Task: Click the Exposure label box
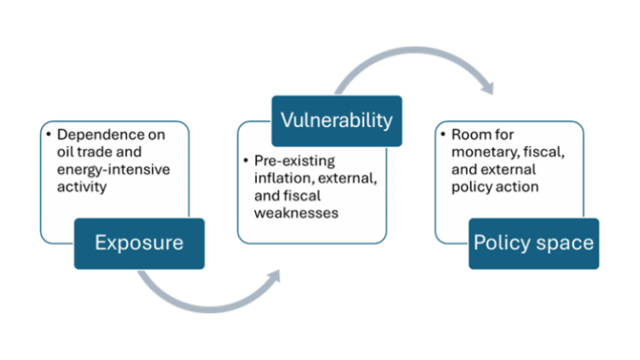pyautogui.click(x=139, y=244)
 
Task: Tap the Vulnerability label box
pyautogui.click(x=337, y=121)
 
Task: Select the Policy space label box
pyautogui.click(x=534, y=244)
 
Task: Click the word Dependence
pyautogui.click(x=111, y=135)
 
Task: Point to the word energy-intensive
pyautogui.click(x=113, y=170)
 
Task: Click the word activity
pyautogui.click(x=82, y=187)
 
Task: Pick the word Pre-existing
pyautogui.click(x=294, y=161)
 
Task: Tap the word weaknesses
pyautogui.click(x=296, y=213)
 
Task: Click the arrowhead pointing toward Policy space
pyautogui.click(x=488, y=88)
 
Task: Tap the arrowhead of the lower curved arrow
pyautogui.click(x=274, y=276)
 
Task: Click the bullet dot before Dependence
pyautogui.click(x=49, y=134)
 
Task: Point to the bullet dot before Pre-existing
pyautogui.click(x=246, y=160)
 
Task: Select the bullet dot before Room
pyautogui.click(x=443, y=134)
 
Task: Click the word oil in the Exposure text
pyautogui.click(x=65, y=152)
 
